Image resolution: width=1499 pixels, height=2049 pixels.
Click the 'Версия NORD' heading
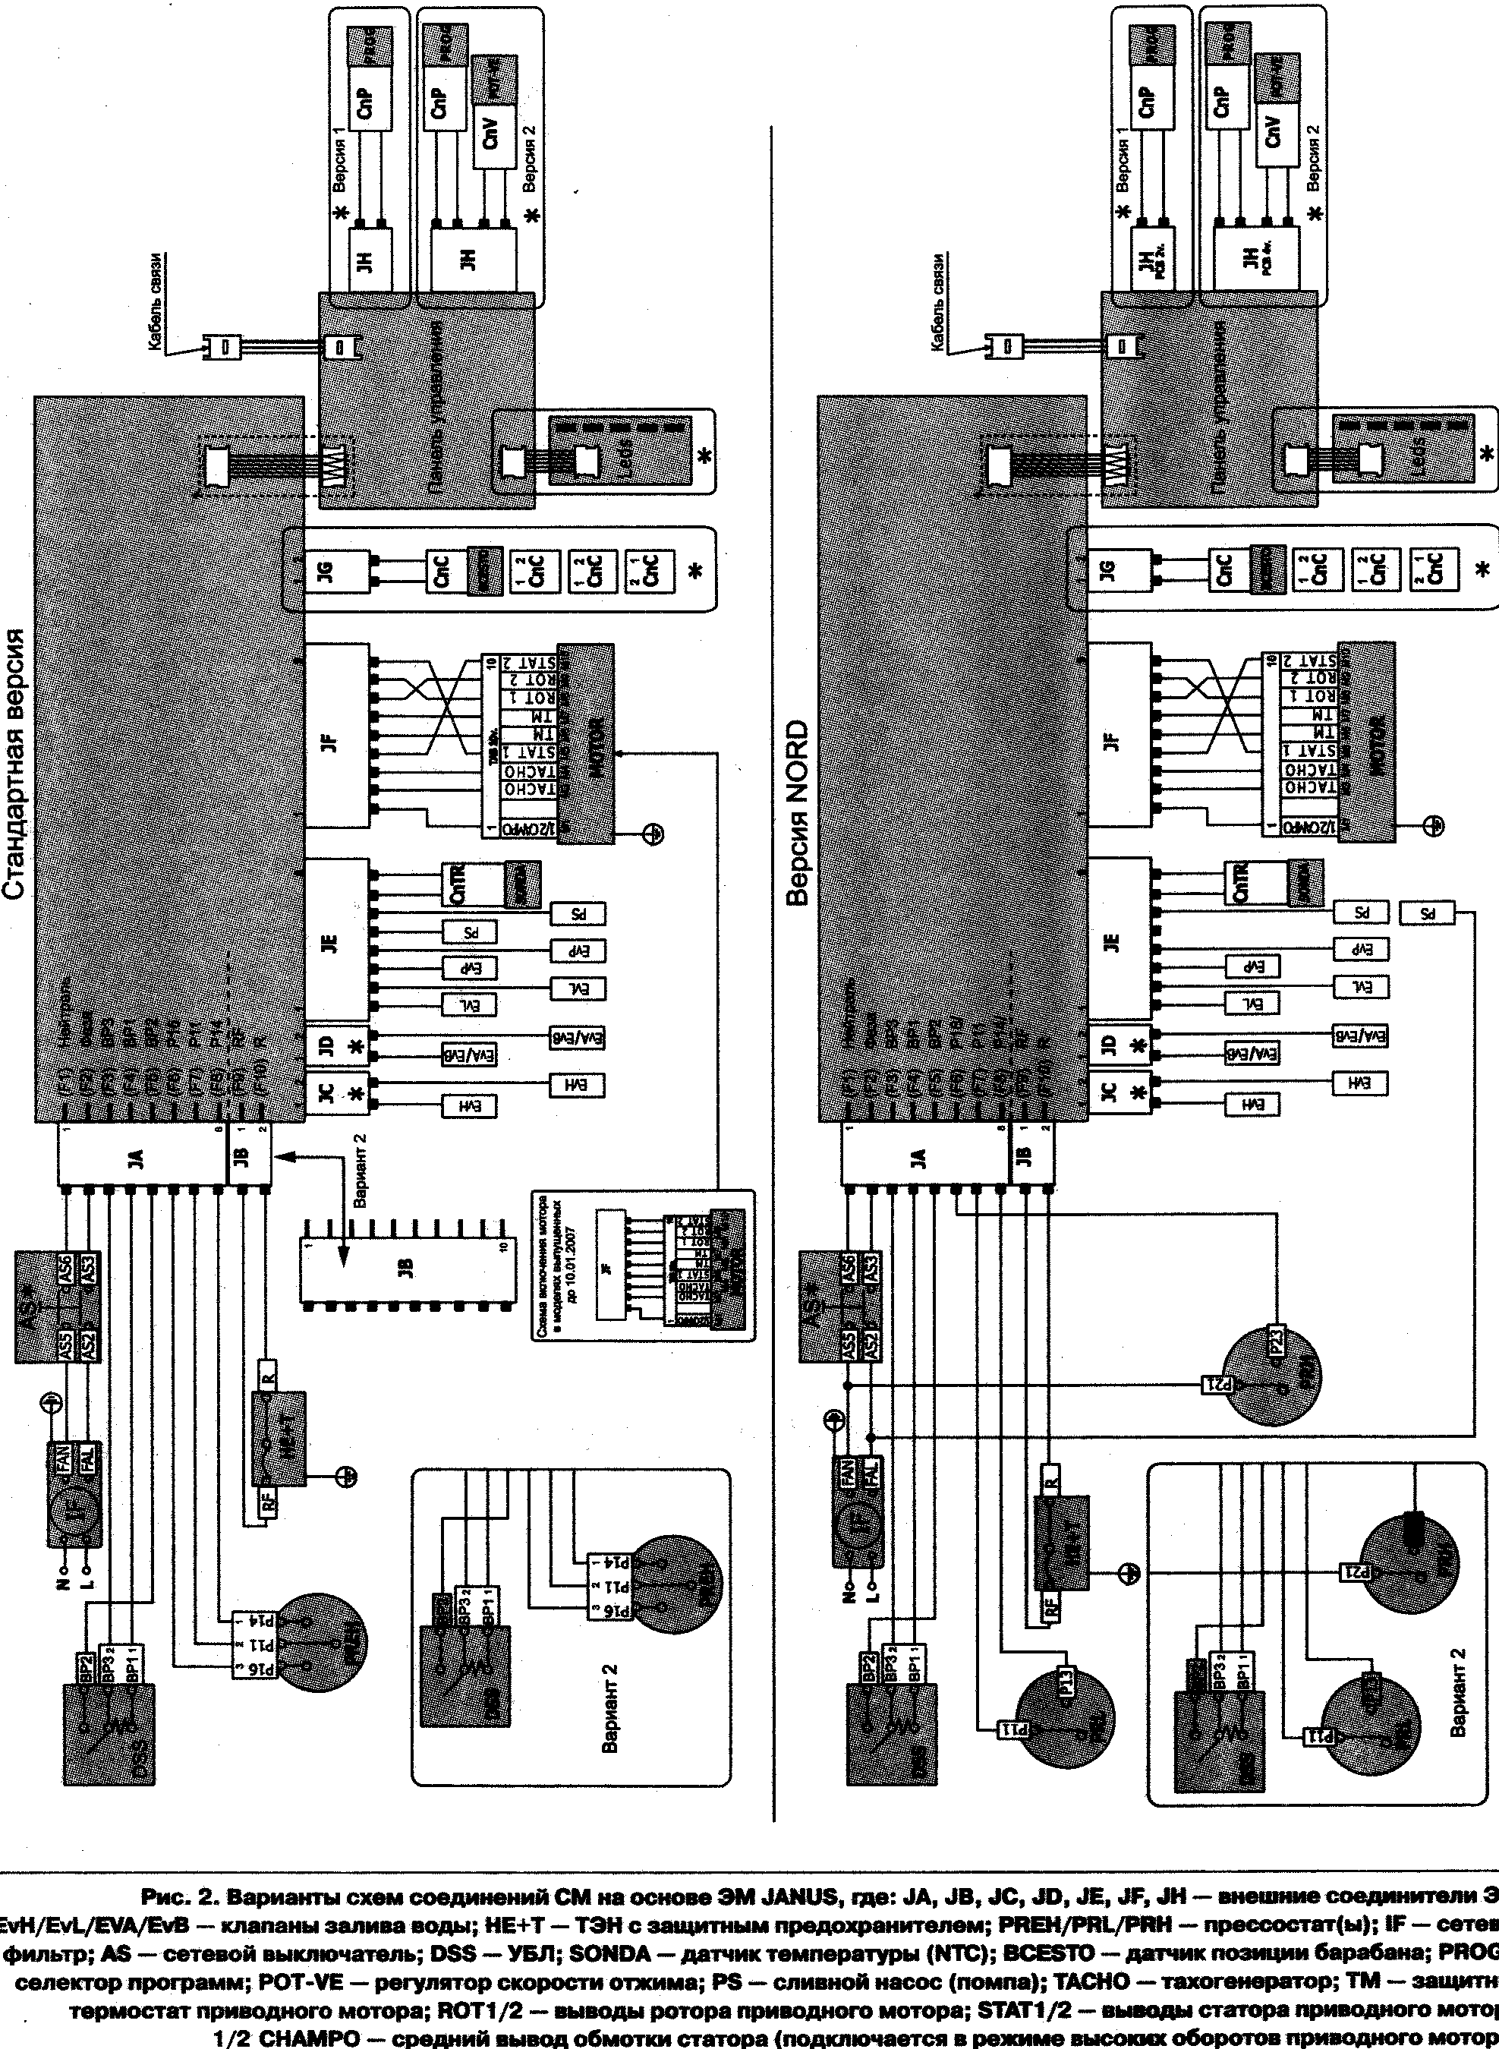click(x=798, y=813)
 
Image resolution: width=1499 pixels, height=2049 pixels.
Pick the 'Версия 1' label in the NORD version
click(x=1124, y=159)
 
